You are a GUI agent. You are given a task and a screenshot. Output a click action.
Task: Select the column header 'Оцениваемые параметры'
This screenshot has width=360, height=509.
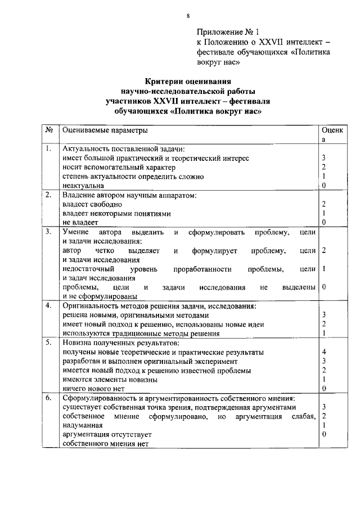click(x=105, y=130)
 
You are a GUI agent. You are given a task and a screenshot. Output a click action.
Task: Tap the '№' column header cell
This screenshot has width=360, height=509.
click(x=49, y=130)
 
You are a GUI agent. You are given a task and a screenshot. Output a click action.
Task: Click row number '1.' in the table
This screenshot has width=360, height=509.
click(x=49, y=149)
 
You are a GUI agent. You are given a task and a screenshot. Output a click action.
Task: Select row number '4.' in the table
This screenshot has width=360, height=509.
click(x=49, y=306)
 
